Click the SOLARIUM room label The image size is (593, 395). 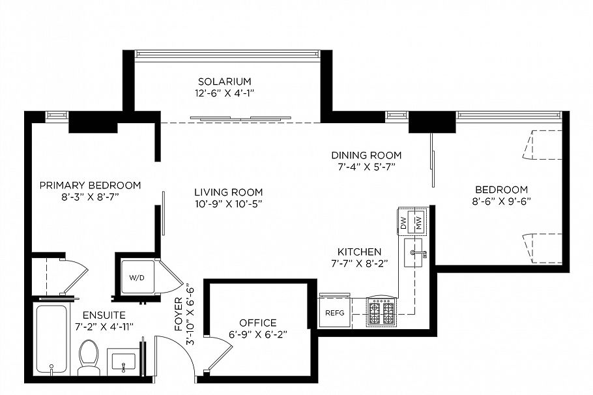(225, 81)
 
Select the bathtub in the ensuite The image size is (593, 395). (51, 340)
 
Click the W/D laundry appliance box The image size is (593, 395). (137, 278)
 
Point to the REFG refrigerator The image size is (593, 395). (334, 313)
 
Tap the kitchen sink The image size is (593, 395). (414, 253)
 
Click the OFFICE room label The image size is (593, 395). (257, 323)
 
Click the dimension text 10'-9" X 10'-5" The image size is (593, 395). (228, 203)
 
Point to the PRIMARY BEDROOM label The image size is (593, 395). (90, 184)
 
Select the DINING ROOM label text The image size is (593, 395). (366, 155)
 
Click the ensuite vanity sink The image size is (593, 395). (124, 361)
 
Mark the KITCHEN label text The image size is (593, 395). (359, 252)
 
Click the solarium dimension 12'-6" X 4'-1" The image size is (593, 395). (225, 93)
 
